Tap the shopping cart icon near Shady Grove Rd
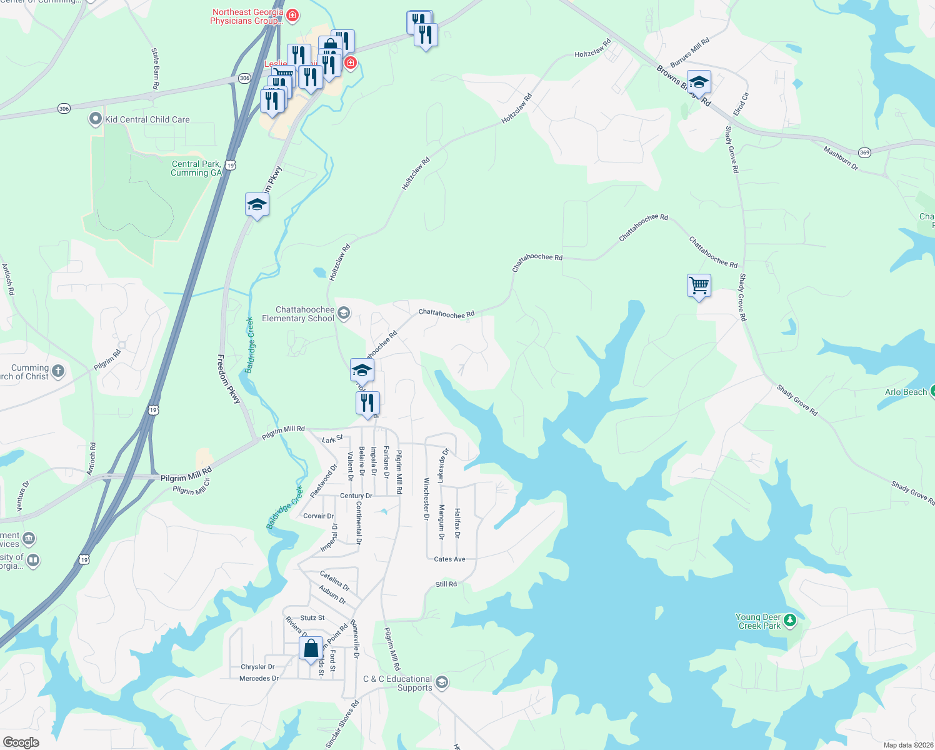click(x=699, y=286)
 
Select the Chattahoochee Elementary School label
click(x=298, y=314)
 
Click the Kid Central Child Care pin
click(x=95, y=119)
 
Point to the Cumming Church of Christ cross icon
click(x=57, y=371)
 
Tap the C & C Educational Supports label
click(x=397, y=683)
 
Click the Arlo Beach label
click(x=906, y=392)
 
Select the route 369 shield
click(x=864, y=152)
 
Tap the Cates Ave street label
click(x=449, y=559)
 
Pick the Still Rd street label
click(x=446, y=584)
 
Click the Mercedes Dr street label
click(x=259, y=678)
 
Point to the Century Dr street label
click(x=356, y=496)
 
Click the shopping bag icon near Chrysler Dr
click(x=311, y=649)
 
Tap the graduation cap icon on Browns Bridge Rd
click(x=698, y=82)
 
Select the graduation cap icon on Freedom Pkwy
click(x=257, y=204)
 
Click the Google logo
click(x=21, y=742)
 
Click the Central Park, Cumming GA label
click(x=196, y=168)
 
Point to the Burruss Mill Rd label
click(x=689, y=52)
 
